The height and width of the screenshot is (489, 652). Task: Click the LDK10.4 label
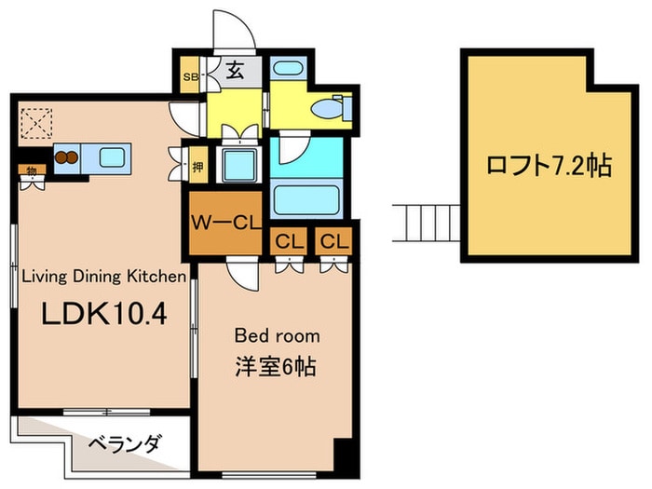(102, 314)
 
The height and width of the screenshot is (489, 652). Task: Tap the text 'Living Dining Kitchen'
(104, 276)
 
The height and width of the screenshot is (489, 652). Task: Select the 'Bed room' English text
(277, 335)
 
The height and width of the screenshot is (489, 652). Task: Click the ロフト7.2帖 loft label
(548, 167)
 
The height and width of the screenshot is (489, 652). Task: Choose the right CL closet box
(333, 240)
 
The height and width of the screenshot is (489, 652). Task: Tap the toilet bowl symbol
(328, 110)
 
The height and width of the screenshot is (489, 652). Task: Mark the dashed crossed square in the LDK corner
(37, 122)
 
